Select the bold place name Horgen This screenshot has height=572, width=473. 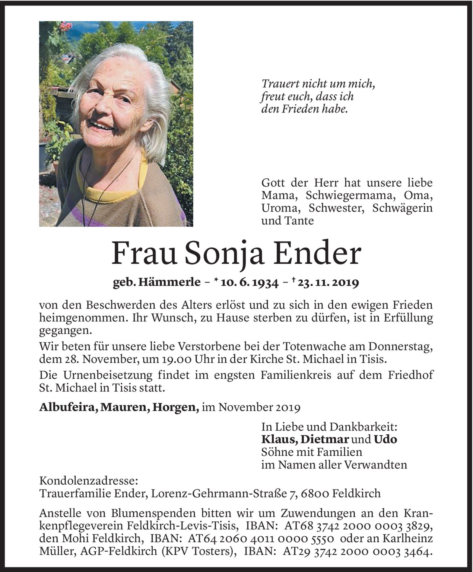click(175, 408)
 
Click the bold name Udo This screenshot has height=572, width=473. click(386, 439)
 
